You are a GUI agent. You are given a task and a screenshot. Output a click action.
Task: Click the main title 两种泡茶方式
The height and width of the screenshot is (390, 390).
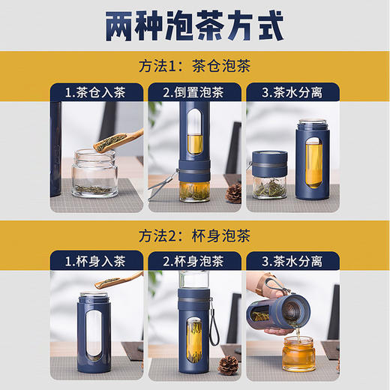[194, 24]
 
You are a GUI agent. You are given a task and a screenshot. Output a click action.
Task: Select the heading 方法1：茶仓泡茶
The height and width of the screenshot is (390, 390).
[195, 65]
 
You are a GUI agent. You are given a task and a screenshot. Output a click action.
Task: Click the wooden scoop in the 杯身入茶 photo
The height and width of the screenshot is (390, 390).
[120, 282]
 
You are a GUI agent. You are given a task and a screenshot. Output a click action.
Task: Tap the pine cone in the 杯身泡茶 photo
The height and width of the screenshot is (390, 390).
[227, 365]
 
